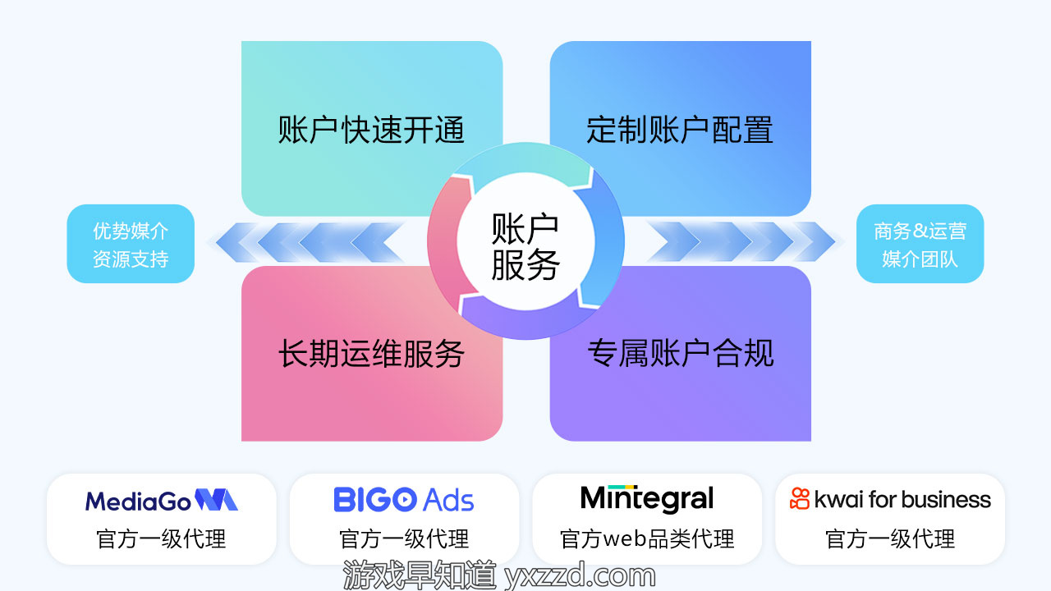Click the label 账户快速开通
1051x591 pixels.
click(371, 130)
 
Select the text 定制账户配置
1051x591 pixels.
click(680, 130)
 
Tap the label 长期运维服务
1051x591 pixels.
click(371, 353)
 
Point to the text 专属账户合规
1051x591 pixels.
click(681, 353)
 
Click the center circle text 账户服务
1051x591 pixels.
click(525, 246)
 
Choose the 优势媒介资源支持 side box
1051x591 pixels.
click(131, 244)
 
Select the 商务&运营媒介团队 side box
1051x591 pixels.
click(920, 244)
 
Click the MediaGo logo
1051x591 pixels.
click(162, 500)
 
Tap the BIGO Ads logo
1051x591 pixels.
click(403, 500)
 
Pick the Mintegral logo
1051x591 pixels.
click(647, 498)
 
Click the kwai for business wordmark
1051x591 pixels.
click(902, 500)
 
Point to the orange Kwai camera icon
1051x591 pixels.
click(800, 498)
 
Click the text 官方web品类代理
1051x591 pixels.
click(647, 539)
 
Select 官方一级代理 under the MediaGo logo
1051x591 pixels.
click(162, 539)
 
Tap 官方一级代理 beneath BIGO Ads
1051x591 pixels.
click(404, 539)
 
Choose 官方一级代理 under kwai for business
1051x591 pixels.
click(890, 539)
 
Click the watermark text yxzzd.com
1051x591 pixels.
click(580, 575)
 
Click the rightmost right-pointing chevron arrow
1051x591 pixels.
click(815, 242)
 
